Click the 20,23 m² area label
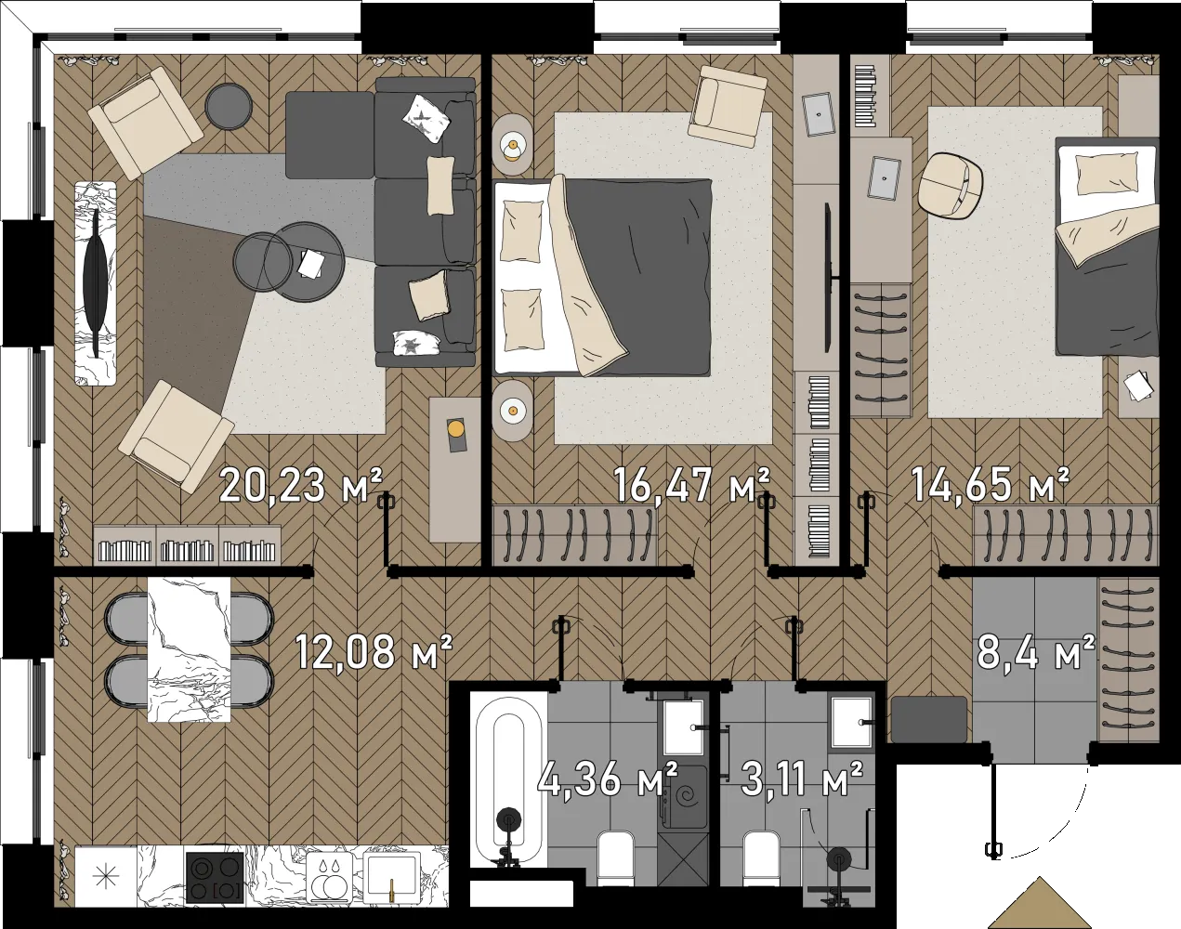[301, 485]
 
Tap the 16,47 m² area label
[691, 485]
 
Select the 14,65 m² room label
[990, 485]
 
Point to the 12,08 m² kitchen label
[374, 652]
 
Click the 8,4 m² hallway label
[1036, 652]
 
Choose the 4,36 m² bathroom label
[607, 779]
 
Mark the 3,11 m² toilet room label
[801, 779]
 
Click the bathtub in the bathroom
[508, 782]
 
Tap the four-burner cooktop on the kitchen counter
[214, 877]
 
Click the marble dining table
[189, 649]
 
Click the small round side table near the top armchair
[229, 107]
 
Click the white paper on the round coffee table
[311, 264]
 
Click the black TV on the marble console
[96, 283]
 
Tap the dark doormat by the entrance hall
[929, 719]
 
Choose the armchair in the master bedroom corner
[728, 108]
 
